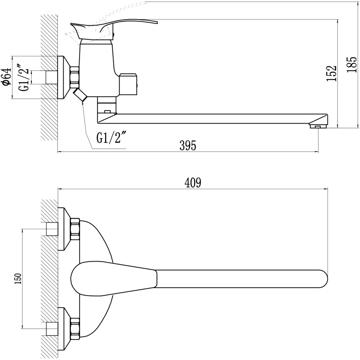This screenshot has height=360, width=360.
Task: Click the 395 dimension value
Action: point(188,145)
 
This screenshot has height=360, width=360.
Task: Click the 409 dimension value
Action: point(193,182)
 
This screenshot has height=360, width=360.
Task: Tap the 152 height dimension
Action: point(331,73)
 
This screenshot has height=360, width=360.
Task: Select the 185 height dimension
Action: point(352,64)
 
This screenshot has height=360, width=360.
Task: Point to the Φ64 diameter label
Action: point(6,77)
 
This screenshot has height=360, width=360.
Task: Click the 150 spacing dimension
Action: point(18,278)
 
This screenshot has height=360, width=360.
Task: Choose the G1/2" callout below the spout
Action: point(112,137)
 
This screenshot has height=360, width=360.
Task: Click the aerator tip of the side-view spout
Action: point(318,126)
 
